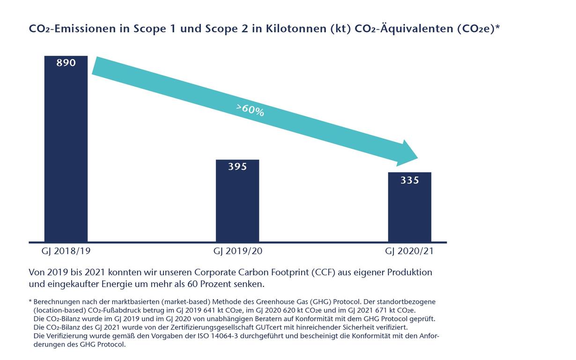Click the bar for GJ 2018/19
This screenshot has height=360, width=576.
(x=66, y=154)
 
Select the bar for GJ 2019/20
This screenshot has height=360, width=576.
(x=237, y=206)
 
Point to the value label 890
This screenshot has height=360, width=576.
(x=66, y=63)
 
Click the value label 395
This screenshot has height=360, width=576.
(x=237, y=167)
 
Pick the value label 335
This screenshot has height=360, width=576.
(x=409, y=180)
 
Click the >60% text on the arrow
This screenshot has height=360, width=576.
(x=251, y=110)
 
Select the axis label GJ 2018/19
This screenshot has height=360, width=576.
(x=66, y=251)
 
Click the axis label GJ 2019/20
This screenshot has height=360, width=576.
(x=238, y=251)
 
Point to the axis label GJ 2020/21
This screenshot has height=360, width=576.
(x=409, y=251)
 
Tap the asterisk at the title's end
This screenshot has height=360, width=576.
(x=497, y=27)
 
